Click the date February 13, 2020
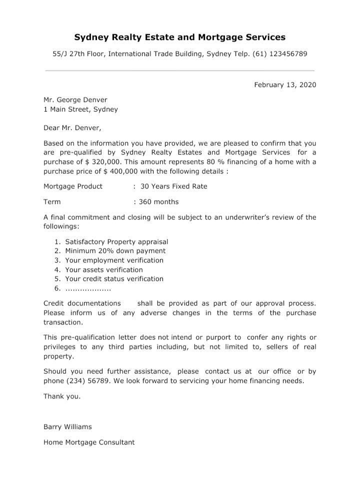(285, 84)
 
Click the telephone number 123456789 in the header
(288, 53)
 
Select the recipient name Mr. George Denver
(75, 99)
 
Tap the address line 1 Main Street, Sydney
(80, 109)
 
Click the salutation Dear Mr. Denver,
(72, 127)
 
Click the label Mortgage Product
(73, 186)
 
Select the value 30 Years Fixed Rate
(173, 186)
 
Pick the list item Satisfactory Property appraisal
(116, 241)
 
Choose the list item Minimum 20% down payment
(115, 251)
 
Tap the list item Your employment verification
(114, 260)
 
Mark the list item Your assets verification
(103, 269)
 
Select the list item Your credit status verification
(114, 278)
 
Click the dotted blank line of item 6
(88, 289)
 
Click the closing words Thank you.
(62, 396)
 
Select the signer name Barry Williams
(67, 427)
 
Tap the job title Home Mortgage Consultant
(89, 442)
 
